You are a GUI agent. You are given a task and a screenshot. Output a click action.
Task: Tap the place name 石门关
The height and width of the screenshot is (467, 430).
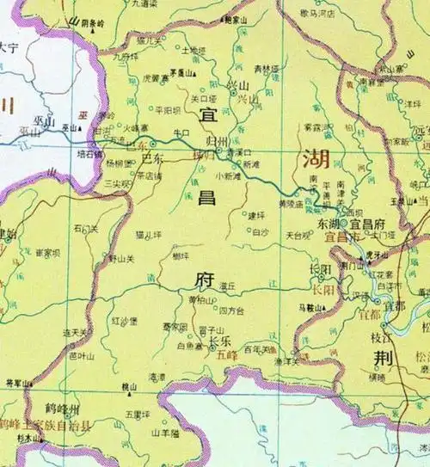pyautogui.click(x=86, y=229)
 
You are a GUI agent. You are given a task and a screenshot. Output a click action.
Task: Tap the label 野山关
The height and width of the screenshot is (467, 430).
pyautogui.click(x=121, y=258)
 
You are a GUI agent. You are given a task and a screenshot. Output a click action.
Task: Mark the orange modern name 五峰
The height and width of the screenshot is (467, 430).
pyautogui.click(x=227, y=352)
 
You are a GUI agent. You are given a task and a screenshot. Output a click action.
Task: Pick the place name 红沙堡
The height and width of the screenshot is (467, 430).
pyautogui.click(x=124, y=321)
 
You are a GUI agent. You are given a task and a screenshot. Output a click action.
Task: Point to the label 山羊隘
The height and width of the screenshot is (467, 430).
pyautogui.click(x=163, y=433)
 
